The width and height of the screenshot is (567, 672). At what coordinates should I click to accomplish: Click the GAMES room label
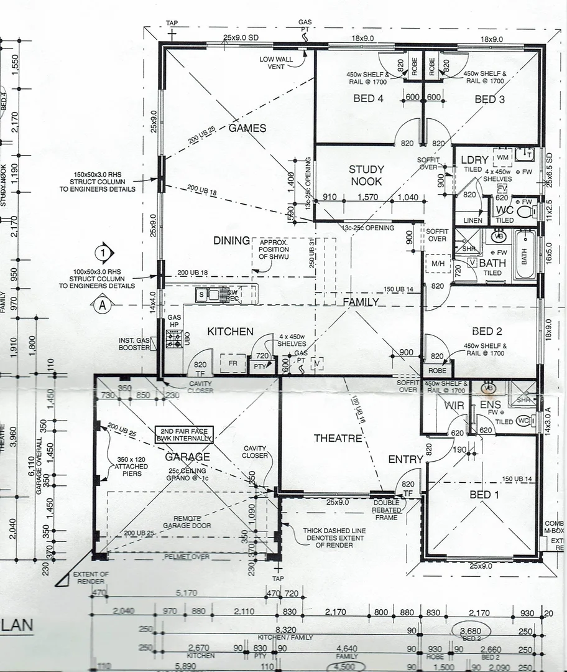pos(247,128)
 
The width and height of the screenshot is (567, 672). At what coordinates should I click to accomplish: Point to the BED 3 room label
pos(489,99)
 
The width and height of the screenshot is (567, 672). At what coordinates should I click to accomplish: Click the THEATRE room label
pos(338,438)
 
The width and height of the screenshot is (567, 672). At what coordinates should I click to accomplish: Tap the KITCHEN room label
pos(230,331)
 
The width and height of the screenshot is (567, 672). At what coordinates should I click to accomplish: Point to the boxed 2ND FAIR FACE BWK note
pos(185,434)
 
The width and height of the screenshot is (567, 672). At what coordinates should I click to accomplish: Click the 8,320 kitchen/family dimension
pos(285,630)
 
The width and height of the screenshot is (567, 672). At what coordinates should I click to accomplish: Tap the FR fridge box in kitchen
pos(233,363)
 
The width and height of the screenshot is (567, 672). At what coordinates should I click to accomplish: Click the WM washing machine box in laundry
pos(502,157)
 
